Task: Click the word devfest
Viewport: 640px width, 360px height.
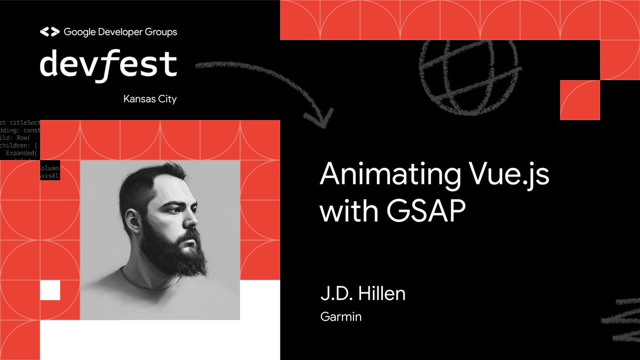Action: (x=108, y=64)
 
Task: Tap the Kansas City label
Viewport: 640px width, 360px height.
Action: (x=150, y=99)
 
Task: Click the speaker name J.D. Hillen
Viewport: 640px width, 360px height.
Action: (x=363, y=294)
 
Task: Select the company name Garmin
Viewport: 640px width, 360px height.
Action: (x=341, y=317)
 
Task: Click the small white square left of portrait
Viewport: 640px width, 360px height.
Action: (x=50, y=290)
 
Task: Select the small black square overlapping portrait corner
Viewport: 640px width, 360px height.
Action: (x=50, y=170)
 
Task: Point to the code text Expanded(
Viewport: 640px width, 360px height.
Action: (x=21, y=153)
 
